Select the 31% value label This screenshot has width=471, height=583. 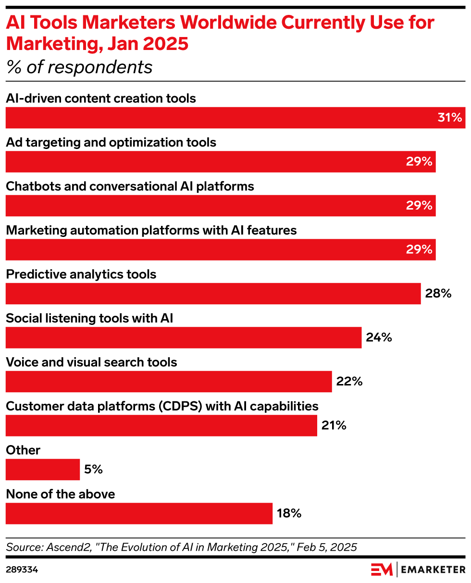pos(449,118)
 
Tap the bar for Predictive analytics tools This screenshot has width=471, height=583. pos(213,294)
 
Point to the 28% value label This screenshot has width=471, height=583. pos(438,294)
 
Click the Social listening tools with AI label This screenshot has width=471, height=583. pos(89,318)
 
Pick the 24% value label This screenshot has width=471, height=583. pos(379,337)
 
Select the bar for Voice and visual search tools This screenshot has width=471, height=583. pos(168,382)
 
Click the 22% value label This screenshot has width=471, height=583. pos(349,382)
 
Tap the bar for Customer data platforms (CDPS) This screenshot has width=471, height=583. pos(161,425)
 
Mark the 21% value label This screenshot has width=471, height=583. pos(335,425)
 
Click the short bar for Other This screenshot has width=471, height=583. pos(42,470)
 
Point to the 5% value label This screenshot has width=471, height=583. pos(93,470)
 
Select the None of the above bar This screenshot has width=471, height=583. pos(139,513)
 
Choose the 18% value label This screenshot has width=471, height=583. pos(289,513)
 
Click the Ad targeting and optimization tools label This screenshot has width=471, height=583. pos(111,142)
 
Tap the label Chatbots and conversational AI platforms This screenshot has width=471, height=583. pos(130,186)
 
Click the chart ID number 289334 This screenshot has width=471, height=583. pos(22,570)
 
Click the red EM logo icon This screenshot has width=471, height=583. pos(382,570)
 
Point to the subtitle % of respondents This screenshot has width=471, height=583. pos(79,67)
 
